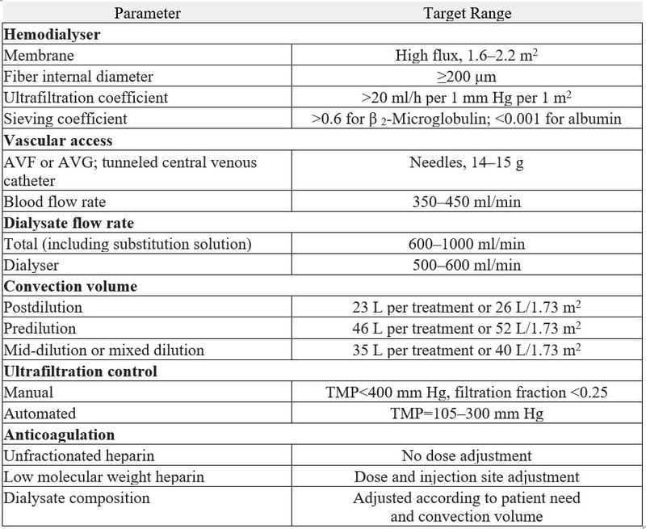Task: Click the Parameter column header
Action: click(147, 14)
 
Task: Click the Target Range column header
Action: click(467, 14)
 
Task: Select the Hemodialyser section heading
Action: click(52, 35)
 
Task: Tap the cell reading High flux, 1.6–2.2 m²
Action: click(467, 56)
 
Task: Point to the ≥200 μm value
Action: click(467, 77)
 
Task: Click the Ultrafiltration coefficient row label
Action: click(86, 98)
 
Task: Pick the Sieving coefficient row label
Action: click(66, 119)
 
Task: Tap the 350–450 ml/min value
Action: click(467, 202)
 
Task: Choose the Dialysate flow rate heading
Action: click(69, 223)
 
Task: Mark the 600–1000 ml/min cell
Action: click(467, 244)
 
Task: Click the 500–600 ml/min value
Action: click(467, 265)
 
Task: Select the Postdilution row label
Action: click(44, 308)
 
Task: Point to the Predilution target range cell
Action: click(467, 329)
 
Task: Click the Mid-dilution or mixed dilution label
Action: click(104, 350)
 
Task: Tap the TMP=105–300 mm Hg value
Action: click(467, 414)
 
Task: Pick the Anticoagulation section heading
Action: click(59, 435)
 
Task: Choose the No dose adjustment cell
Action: click(467, 456)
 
